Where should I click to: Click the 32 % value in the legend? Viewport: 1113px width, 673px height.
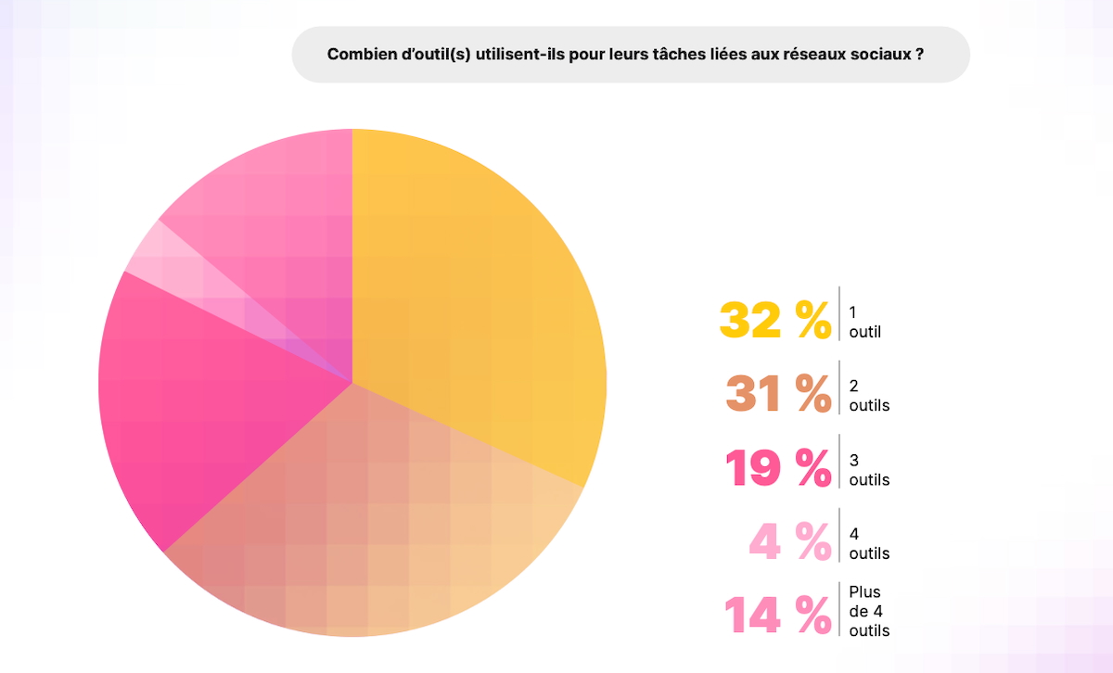[775, 320]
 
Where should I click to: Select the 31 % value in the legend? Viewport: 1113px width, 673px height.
[778, 394]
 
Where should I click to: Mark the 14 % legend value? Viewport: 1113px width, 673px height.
[778, 614]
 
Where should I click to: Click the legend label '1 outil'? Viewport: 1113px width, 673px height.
[864, 322]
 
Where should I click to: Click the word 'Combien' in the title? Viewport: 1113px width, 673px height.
[358, 54]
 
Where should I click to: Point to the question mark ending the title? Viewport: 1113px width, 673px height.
[918, 54]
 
